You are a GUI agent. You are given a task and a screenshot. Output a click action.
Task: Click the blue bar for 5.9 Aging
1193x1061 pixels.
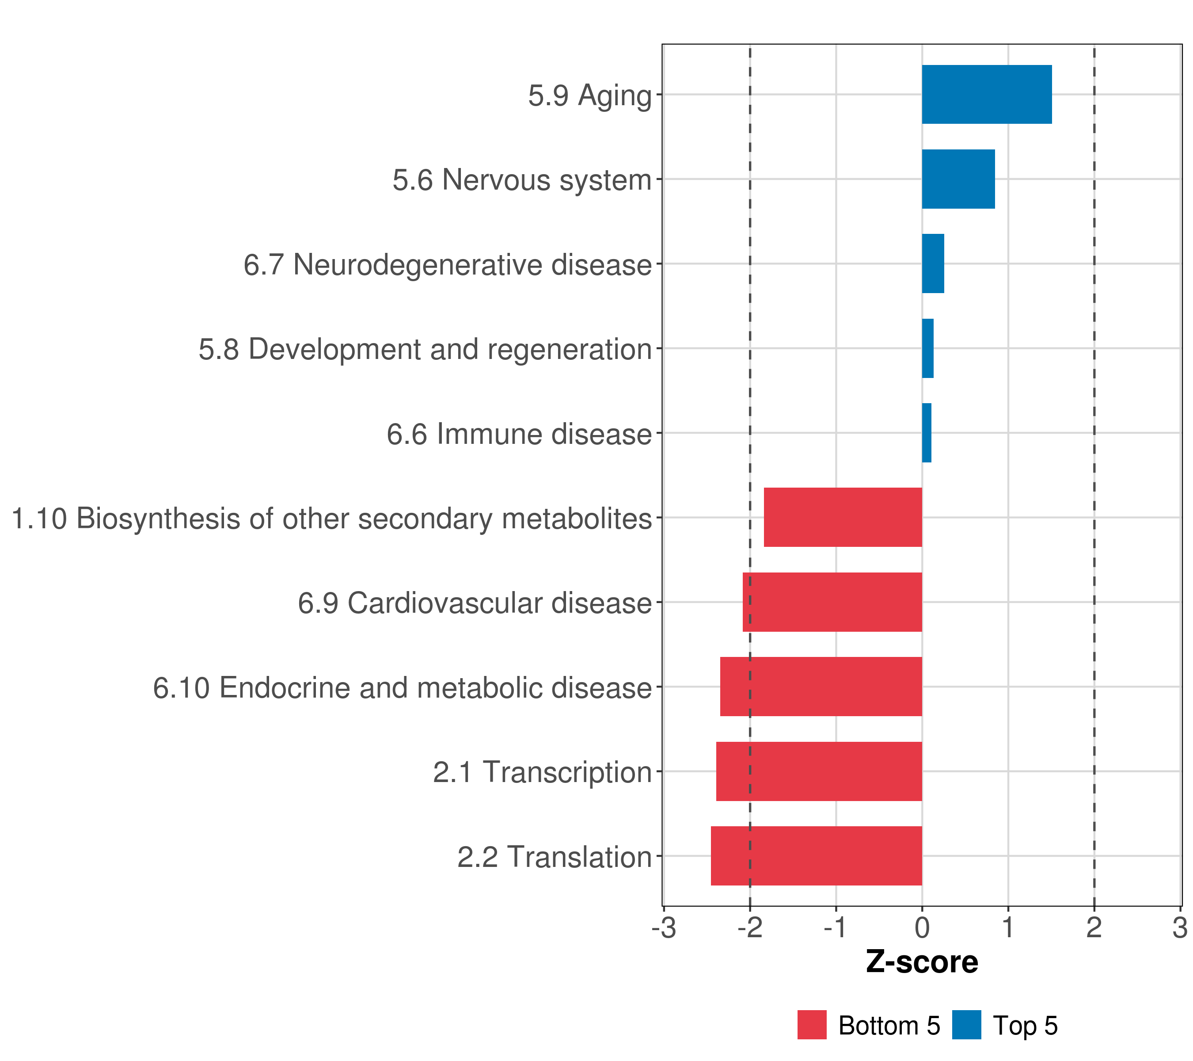click(x=986, y=94)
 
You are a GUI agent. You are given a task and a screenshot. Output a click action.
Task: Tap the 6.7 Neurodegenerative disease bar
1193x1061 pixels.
click(x=933, y=263)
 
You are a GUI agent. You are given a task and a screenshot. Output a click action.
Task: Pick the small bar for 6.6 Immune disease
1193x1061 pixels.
click(x=926, y=433)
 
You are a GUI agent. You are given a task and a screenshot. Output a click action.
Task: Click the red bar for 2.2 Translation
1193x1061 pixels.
click(x=816, y=856)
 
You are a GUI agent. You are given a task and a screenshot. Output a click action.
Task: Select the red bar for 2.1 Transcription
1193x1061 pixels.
click(x=818, y=771)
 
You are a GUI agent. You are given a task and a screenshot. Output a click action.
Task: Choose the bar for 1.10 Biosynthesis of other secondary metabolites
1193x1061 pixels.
click(x=842, y=517)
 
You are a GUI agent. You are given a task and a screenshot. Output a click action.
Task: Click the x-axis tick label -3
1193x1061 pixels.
click(x=664, y=928)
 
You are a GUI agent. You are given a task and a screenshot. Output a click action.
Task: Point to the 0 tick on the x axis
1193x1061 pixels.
click(x=922, y=928)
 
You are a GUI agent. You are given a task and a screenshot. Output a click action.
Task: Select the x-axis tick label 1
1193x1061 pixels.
click(x=1007, y=928)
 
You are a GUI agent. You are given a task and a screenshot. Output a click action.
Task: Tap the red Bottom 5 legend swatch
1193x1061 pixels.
click(x=812, y=1025)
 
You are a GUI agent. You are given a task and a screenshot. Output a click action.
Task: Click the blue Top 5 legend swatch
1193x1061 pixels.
click(x=966, y=1025)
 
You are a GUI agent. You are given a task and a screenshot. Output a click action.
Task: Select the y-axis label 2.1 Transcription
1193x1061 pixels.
click(x=542, y=772)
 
